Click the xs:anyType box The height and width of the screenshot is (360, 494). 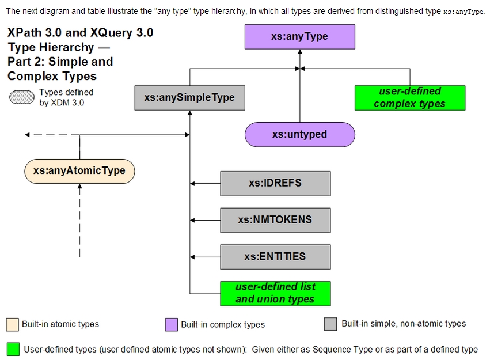299,36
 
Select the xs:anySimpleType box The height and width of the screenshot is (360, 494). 189,97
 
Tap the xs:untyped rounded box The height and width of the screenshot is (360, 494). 299,134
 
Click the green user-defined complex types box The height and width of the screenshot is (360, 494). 409,97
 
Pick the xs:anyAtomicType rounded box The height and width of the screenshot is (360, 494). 79,170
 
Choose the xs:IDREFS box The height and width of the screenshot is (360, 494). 275,183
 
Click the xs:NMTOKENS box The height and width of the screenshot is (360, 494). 275,220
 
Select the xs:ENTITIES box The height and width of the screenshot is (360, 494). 275,257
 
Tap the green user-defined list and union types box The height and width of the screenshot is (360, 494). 275,293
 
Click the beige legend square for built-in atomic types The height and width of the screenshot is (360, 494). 12,324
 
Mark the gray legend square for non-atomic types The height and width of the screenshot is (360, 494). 330,324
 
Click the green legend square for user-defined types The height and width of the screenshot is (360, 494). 13,349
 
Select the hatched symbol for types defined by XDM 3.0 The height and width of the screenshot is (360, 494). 22,97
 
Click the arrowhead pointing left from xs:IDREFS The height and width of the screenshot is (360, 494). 193,183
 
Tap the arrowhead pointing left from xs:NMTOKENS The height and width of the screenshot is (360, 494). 193,220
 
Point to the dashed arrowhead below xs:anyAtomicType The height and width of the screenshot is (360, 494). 79,187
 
